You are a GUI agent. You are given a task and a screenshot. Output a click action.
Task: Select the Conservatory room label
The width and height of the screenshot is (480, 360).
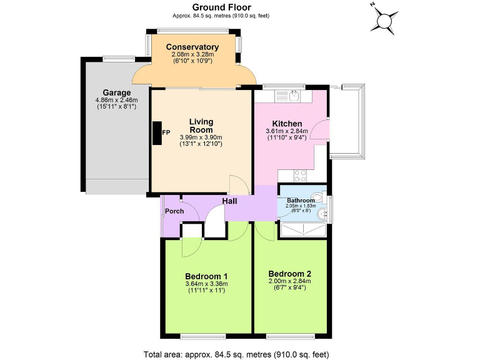pyautogui.click(x=192, y=47)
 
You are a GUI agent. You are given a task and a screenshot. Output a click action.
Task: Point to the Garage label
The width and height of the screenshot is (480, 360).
pyautogui.click(x=117, y=93)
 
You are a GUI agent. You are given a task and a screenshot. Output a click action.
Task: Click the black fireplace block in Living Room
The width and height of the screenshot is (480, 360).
pyautogui.click(x=156, y=132)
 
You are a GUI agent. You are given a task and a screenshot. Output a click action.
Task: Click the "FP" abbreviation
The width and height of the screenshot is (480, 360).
pyautogui.click(x=167, y=132)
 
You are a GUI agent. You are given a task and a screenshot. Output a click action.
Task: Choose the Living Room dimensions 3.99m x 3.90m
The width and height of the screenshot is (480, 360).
pyautogui.click(x=201, y=137)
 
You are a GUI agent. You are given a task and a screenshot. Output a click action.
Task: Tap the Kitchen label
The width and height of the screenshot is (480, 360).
pyautogui.click(x=287, y=124)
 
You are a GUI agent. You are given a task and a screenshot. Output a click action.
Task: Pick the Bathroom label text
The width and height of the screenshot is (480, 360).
pyautogui.click(x=301, y=201)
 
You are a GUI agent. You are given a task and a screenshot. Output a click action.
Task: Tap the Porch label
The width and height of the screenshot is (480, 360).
pyautogui.click(x=174, y=211)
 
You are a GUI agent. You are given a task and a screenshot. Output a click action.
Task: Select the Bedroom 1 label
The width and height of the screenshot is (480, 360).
pyautogui.click(x=206, y=276)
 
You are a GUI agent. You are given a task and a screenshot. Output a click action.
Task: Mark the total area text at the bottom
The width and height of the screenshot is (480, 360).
pyautogui.click(x=236, y=353)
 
